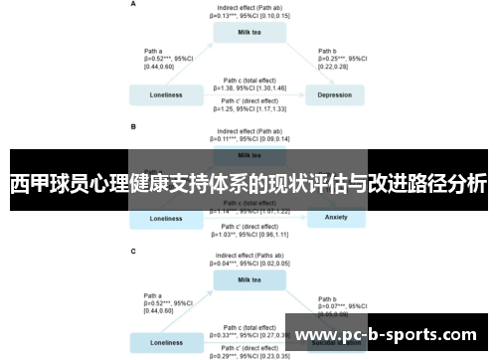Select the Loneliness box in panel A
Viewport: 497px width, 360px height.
[x=166, y=95]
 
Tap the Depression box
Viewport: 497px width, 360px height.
[x=334, y=95]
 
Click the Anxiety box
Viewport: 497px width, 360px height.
[x=336, y=218]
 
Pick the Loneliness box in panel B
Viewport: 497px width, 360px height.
[x=166, y=218]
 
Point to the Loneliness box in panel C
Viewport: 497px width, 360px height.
[x=166, y=343]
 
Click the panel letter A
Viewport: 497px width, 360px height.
[x=134, y=5]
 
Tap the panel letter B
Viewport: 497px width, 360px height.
[x=134, y=127]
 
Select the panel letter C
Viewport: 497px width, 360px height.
[x=134, y=251]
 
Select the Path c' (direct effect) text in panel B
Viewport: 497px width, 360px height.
[x=249, y=230]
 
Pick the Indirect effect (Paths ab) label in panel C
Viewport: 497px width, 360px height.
[x=250, y=260]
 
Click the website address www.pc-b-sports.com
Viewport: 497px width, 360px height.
[x=388, y=335]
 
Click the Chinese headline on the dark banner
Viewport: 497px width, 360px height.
[x=248, y=184]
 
